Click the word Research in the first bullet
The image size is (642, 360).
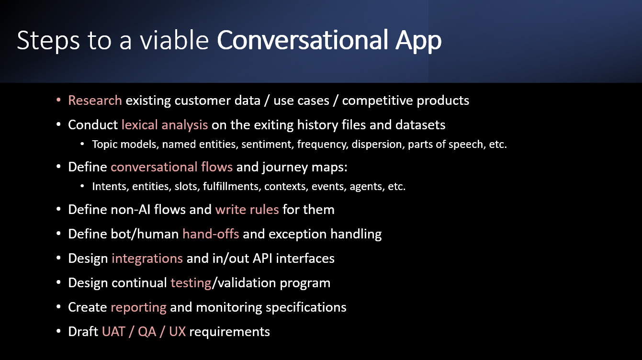95,101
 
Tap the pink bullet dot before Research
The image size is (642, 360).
58,100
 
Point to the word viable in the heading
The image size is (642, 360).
174,40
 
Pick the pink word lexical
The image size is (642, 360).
140,124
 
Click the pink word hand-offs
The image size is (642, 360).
211,234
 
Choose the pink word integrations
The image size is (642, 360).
147,259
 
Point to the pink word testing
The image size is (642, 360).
191,283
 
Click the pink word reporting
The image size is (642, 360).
138,307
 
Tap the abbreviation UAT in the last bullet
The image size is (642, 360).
113,332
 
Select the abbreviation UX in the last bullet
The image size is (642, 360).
177,332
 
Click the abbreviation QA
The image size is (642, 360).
147,332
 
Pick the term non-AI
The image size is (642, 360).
130,210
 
